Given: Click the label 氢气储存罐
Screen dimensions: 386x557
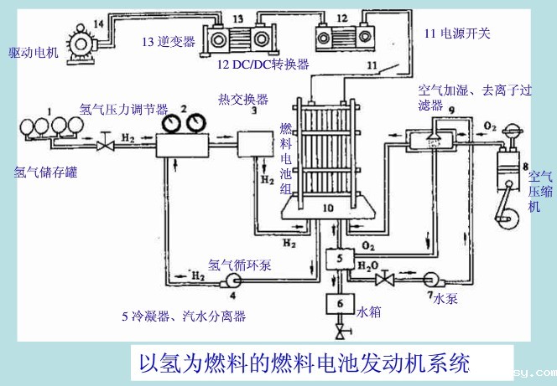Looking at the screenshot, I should (45, 173).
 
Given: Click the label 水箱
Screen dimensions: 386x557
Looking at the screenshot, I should (369, 311).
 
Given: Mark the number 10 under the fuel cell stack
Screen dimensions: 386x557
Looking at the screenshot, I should (328, 206).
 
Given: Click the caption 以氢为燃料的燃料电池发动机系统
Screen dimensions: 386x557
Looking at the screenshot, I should (305, 363).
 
